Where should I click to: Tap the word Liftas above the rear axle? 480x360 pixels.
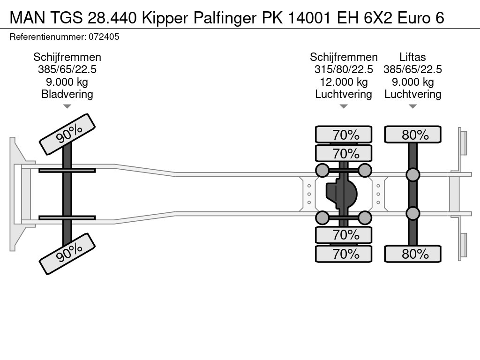tap(412, 57)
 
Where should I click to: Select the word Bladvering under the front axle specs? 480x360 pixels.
tap(67, 94)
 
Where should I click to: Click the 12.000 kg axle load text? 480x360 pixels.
tap(344, 82)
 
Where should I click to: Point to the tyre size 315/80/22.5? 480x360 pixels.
tap(344, 69)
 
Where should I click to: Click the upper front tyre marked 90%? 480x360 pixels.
tap(67, 134)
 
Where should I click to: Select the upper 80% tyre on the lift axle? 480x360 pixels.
tap(412, 135)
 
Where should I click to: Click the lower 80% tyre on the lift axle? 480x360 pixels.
tap(412, 254)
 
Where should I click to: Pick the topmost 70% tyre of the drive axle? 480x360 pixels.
tap(344, 135)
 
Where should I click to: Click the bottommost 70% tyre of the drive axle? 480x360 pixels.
tap(344, 254)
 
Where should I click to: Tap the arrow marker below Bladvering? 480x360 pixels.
tap(67, 106)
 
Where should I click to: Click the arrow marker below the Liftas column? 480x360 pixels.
tap(412, 106)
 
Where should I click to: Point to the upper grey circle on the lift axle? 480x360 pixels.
tap(412, 175)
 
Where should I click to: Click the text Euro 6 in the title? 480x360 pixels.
tap(420, 18)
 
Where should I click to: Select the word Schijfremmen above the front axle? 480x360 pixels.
tap(67, 57)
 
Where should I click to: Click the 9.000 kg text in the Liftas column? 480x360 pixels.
tap(412, 82)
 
